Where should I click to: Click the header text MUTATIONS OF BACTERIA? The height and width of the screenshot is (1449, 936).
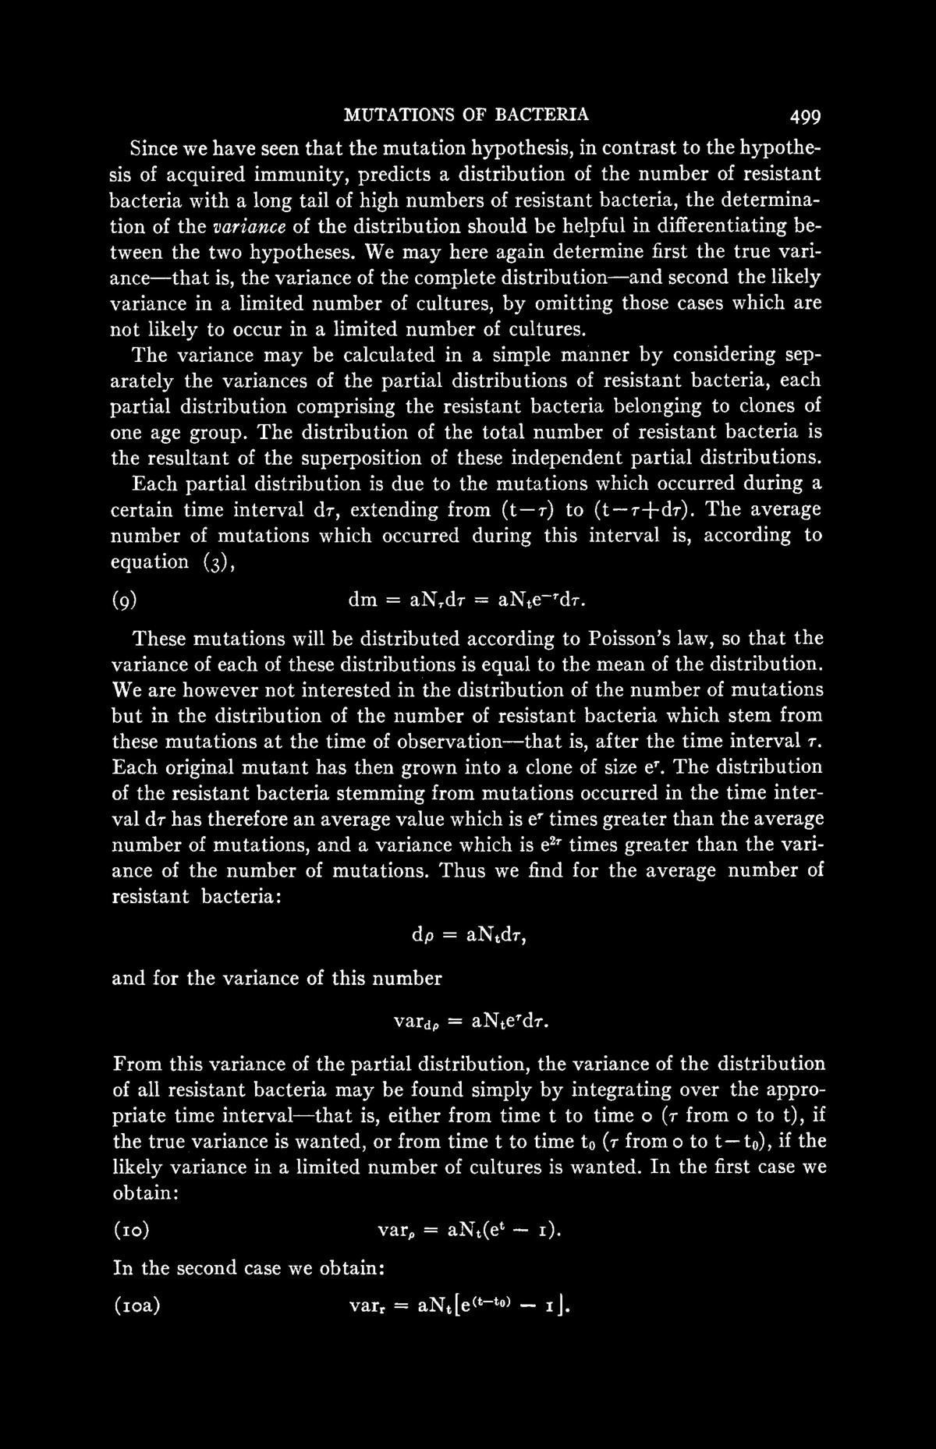point(466,115)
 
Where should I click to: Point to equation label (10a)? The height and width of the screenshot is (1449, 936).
point(136,1306)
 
